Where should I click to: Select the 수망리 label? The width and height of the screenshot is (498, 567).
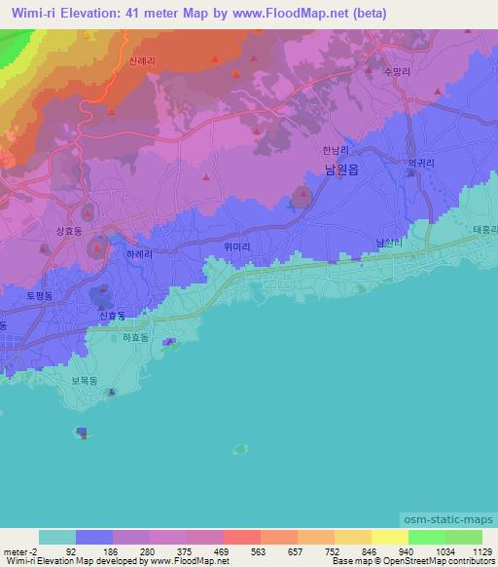pyautogui.click(x=400, y=71)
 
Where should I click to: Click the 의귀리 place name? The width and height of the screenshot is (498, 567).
pyautogui.click(x=419, y=164)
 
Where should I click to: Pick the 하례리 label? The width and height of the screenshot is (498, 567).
pyautogui.click(x=139, y=252)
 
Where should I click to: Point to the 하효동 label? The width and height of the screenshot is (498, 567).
pyautogui.click(x=135, y=338)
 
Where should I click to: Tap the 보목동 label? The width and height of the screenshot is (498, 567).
pyautogui.click(x=85, y=382)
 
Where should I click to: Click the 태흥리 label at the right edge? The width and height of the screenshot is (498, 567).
pyautogui.click(x=484, y=230)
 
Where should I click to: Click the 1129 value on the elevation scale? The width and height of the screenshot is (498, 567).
pyautogui.click(x=482, y=551)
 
